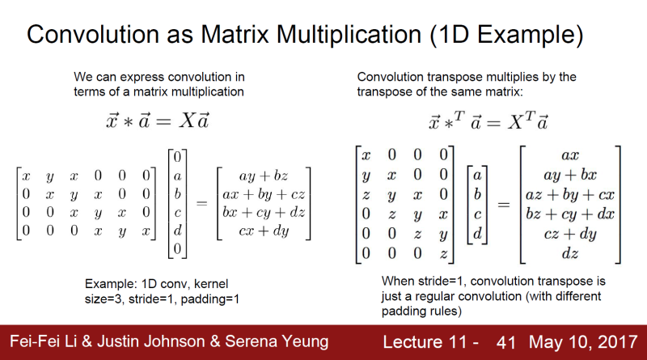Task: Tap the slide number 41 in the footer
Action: click(506, 342)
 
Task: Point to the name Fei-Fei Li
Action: click(41, 341)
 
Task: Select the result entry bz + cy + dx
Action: click(570, 214)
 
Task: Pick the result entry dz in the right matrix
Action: click(570, 253)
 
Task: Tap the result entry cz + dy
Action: click(570, 234)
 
